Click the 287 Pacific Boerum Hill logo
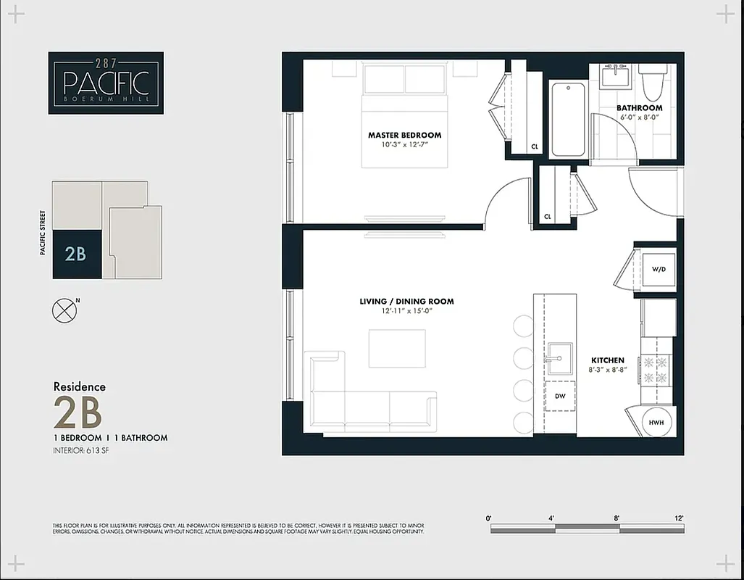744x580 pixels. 106,83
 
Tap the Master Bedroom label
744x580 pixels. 404,135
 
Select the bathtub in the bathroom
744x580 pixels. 568,120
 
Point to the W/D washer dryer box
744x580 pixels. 658,269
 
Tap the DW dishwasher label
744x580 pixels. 560,397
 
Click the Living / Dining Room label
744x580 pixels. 406,302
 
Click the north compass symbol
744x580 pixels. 64,310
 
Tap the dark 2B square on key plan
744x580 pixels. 76,254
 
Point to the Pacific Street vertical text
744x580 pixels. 43,233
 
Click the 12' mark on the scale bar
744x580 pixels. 678,518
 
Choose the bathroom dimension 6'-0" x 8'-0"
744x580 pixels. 639,118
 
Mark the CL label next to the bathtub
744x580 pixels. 535,146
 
